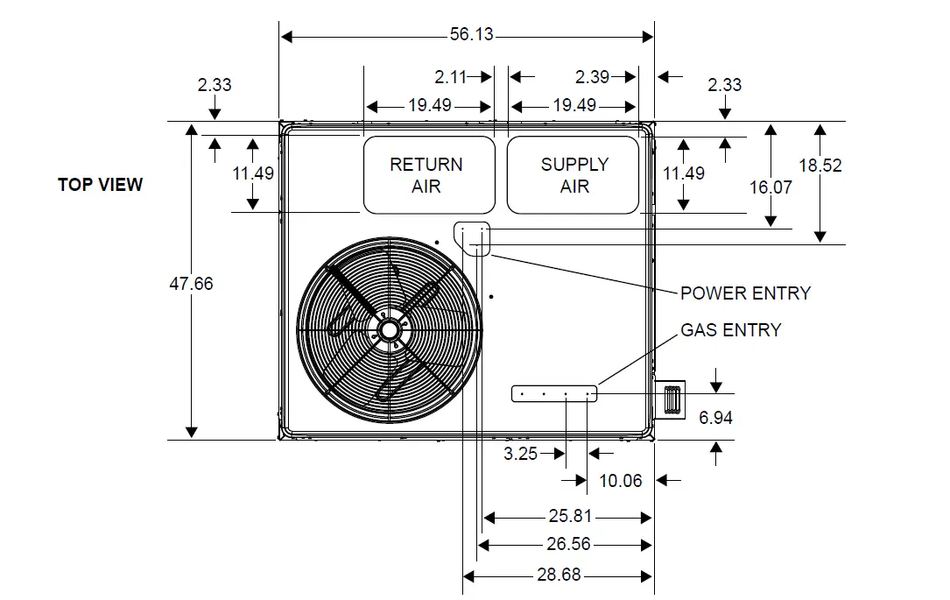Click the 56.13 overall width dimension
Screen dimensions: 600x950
tap(471, 35)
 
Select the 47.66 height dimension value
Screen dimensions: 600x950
tap(191, 284)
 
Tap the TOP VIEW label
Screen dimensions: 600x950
tap(100, 185)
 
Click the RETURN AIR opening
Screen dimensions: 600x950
tap(429, 175)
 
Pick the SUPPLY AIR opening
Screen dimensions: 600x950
tap(574, 175)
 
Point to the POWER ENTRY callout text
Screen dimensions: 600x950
tap(745, 293)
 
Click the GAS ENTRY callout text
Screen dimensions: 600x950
tap(731, 330)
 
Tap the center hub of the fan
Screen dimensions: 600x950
tap(389, 329)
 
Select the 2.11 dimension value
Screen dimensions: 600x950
tap(451, 77)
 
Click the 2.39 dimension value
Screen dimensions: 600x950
tap(593, 77)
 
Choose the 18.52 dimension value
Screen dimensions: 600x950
tap(820, 165)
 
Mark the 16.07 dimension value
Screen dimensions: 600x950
tap(771, 187)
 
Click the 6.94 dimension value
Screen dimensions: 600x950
tap(715, 418)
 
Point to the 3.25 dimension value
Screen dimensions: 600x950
tap(522, 454)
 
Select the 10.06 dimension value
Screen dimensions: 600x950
tap(620, 480)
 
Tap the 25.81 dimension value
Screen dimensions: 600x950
tap(569, 517)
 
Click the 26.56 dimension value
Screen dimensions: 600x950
tap(568, 544)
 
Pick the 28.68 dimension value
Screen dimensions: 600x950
tap(557, 575)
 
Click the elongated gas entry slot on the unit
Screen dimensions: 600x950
tap(555, 393)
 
